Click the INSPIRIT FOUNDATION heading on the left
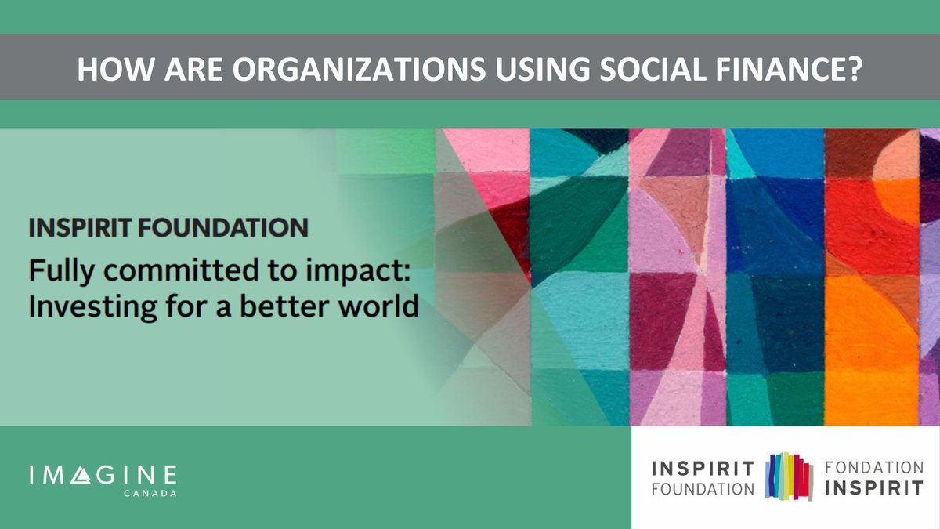pyautogui.click(x=168, y=228)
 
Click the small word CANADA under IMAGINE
pyautogui.click(x=153, y=494)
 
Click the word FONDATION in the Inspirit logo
pyautogui.click(x=873, y=468)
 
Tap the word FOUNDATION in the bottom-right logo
pyautogui.click(x=703, y=489)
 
